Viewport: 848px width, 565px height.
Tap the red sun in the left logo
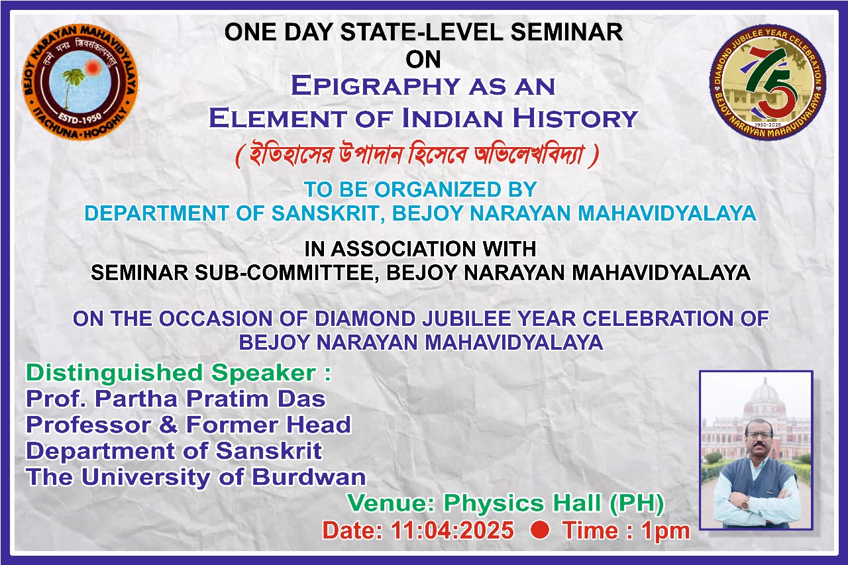point(93,68)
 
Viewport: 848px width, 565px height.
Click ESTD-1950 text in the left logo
point(81,119)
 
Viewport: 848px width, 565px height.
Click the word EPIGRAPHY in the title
point(376,85)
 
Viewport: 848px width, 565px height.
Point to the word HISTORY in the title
point(576,118)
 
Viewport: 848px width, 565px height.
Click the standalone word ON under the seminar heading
point(423,60)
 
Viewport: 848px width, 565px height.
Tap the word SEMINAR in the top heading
point(566,32)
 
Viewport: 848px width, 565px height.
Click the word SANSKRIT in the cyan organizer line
point(328,213)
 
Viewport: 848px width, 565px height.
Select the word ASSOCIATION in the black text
point(404,249)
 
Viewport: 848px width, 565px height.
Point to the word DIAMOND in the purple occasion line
point(365,318)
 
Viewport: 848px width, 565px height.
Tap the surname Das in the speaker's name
point(301,399)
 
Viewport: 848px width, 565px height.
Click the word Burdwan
point(309,476)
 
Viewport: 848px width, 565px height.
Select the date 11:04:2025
point(452,530)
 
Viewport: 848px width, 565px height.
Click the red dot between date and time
point(539,530)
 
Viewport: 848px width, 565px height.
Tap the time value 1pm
point(666,532)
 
